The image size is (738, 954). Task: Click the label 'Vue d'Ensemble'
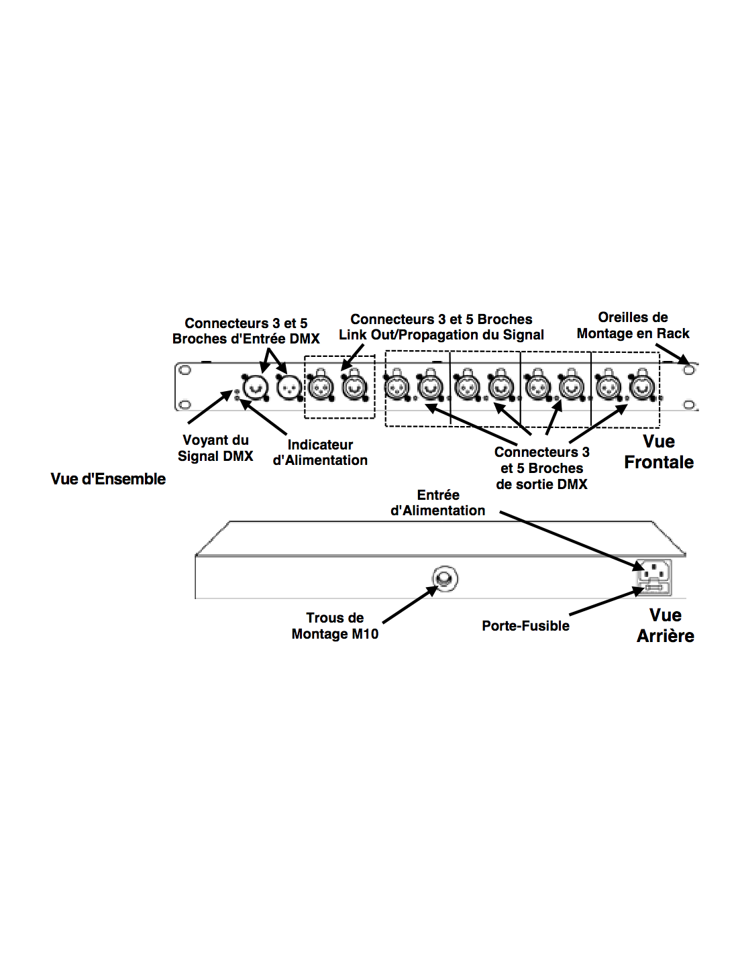click(x=108, y=478)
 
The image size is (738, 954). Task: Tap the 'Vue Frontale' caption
click(x=659, y=452)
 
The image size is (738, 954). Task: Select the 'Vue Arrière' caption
click(x=665, y=626)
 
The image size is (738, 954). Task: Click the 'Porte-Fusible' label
click(x=525, y=626)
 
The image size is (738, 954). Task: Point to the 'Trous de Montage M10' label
click(x=335, y=626)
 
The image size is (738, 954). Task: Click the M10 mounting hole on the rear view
click(x=445, y=578)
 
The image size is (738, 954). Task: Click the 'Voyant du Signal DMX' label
click(x=215, y=447)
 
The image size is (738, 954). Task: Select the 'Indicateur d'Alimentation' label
click(x=320, y=452)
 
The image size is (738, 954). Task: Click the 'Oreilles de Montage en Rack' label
click(x=633, y=325)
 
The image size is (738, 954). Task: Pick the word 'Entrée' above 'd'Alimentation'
click(x=438, y=495)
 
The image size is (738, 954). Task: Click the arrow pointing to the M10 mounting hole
click(x=411, y=604)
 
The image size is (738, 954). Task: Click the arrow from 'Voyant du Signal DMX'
click(x=210, y=407)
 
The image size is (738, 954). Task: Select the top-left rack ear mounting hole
click(x=185, y=370)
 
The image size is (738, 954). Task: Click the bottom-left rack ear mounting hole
click(x=185, y=405)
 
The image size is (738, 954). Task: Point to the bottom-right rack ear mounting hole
click(x=689, y=405)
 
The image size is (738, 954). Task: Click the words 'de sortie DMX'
click(x=541, y=484)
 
